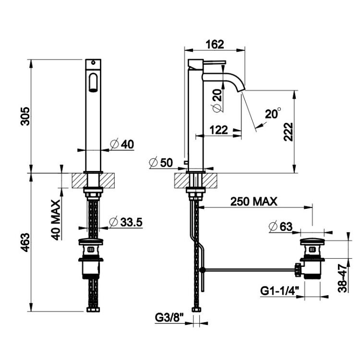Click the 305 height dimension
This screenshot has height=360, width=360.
[25, 116]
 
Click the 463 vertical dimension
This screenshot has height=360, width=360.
[25, 242]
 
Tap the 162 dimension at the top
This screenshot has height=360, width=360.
[215, 44]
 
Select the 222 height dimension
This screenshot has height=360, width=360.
[288, 132]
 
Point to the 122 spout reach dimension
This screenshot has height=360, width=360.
[219, 130]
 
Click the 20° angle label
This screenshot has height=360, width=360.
[273, 113]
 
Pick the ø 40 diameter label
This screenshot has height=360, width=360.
[122, 144]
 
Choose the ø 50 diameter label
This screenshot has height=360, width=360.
[161, 163]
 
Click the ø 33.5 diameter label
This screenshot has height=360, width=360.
[126, 222]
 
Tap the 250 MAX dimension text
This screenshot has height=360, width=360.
[254, 202]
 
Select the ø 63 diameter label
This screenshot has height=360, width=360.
[280, 227]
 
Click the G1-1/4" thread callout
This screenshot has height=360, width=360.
[280, 291]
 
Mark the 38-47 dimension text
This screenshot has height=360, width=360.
[342, 278]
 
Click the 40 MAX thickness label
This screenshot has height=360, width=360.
[55, 220]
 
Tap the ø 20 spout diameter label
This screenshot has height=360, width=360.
[217, 100]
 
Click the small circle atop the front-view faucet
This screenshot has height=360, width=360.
[93, 62]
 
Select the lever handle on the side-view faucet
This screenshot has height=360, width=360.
[215, 62]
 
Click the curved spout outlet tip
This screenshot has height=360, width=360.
[241, 90]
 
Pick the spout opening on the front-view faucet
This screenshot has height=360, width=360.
[93, 83]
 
